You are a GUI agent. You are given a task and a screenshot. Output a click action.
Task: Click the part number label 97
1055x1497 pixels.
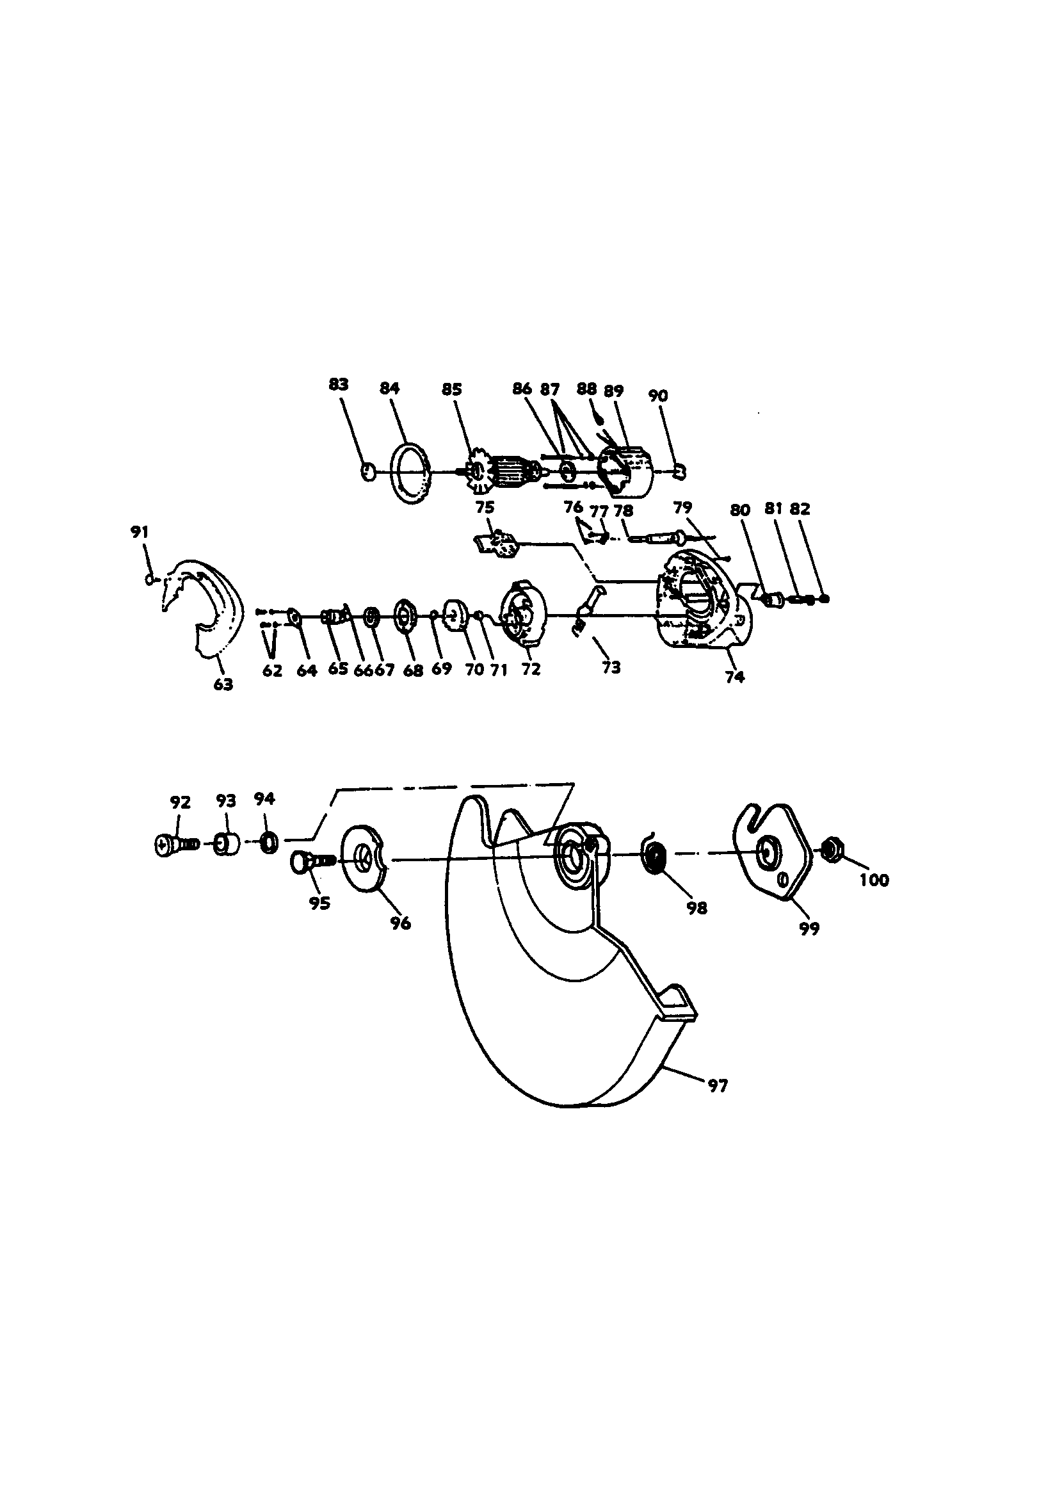click(717, 1086)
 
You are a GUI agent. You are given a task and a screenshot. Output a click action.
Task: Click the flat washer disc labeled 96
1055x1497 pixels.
click(362, 857)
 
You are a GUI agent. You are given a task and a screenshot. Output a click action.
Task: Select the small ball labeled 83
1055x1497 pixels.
click(368, 471)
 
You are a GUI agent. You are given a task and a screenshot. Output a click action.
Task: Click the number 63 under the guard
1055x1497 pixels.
click(223, 684)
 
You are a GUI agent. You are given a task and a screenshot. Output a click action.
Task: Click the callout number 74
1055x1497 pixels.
click(735, 677)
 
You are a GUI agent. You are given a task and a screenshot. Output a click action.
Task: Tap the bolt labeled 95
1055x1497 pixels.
click(310, 862)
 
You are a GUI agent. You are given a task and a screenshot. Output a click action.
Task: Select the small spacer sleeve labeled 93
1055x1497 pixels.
click(225, 845)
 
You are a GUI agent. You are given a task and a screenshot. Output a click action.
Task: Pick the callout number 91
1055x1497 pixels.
click(140, 531)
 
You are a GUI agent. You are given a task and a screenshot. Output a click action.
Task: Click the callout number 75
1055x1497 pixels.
click(485, 508)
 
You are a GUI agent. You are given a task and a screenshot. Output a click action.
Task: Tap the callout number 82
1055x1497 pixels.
click(800, 509)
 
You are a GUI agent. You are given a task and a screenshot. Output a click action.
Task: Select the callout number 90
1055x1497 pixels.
click(658, 396)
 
